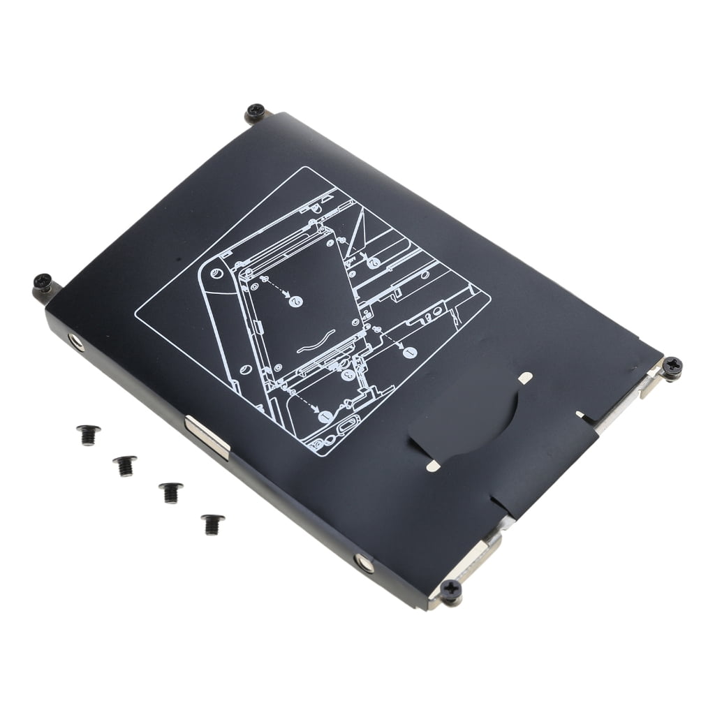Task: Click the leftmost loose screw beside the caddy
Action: click(88, 434)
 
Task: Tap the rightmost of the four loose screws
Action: click(212, 523)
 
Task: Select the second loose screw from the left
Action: click(125, 464)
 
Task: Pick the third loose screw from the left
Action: click(170, 491)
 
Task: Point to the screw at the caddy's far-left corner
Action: click(43, 283)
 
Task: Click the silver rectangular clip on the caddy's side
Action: click(207, 437)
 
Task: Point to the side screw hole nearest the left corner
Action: click(75, 341)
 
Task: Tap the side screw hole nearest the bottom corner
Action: click(364, 561)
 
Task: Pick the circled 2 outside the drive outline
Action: click(374, 262)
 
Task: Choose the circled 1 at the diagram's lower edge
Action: click(325, 416)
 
